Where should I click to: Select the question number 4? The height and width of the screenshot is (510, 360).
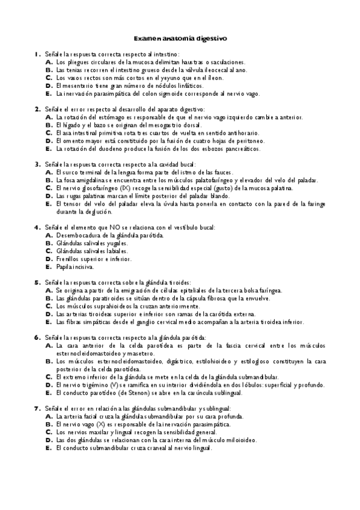coord(37,227)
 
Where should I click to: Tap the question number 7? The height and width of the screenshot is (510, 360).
coord(37,408)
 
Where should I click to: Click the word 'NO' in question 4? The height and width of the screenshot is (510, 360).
coord(115,227)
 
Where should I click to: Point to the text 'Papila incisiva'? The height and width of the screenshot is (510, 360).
coord(76,266)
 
